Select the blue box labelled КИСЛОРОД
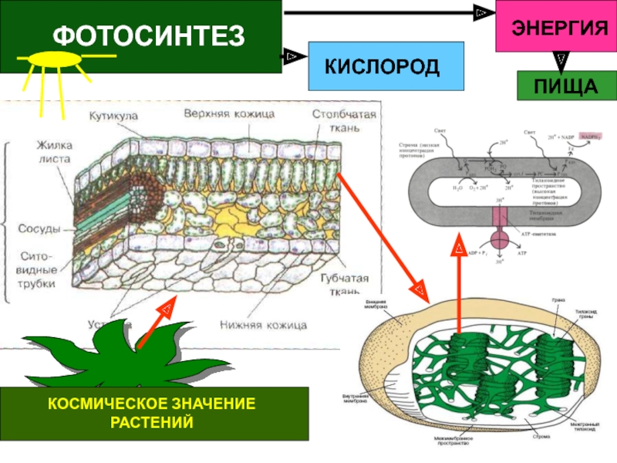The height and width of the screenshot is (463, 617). (386, 66)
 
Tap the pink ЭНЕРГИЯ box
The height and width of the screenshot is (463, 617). (555, 27)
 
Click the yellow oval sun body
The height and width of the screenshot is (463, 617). (56, 59)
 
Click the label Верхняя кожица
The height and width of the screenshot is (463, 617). (229, 113)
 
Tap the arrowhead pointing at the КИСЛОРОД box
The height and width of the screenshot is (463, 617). (292, 56)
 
